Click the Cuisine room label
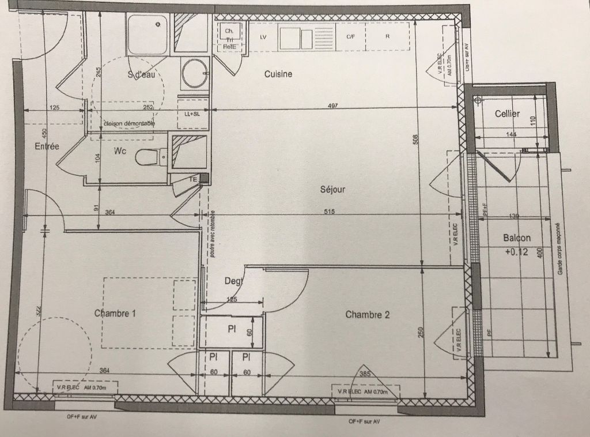pos(278,74)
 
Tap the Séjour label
pos(332,189)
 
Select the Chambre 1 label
pos(115,313)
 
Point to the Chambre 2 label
pos(368,314)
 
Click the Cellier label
pos(507,114)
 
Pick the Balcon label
pos(517,238)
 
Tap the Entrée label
pos(47,146)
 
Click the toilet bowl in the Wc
pos(149,156)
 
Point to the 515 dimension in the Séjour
pos(329,212)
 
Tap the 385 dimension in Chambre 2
pos(365,374)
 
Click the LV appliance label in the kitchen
pos(263,37)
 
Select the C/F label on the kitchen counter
pos(350,37)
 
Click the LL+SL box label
pos(192,114)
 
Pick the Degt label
pos(233,281)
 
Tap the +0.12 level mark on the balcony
pos(516,251)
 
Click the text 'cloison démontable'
pos(129,123)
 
